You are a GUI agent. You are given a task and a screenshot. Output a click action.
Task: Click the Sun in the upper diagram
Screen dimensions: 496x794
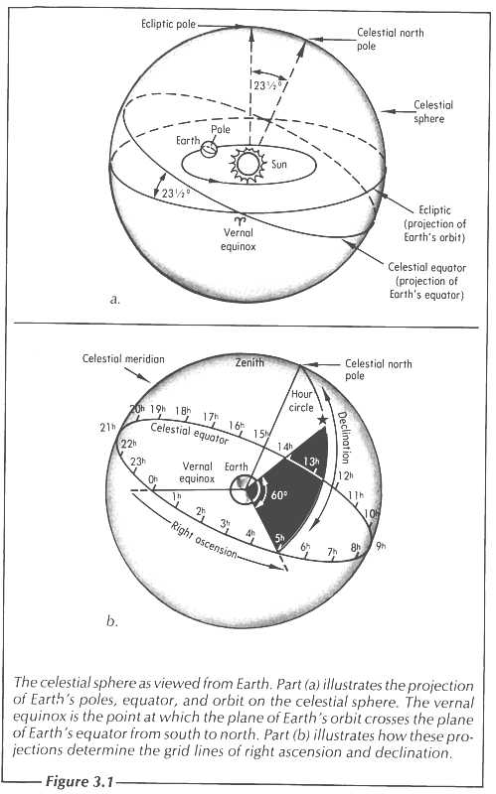[x=248, y=164]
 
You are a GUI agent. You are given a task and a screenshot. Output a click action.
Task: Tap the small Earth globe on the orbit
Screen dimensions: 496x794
[x=209, y=150]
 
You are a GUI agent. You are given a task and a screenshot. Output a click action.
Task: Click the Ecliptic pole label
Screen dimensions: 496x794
[x=168, y=24]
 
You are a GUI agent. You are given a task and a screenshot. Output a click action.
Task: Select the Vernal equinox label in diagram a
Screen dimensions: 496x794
[x=239, y=239]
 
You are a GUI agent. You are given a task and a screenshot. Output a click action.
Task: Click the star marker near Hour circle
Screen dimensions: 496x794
[x=321, y=420]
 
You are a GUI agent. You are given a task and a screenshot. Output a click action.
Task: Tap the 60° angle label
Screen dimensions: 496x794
[x=279, y=494]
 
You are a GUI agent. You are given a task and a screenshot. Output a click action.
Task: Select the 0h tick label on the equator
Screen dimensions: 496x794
[x=153, y=479]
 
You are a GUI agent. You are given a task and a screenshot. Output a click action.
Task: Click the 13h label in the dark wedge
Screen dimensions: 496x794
[x=311, y=462]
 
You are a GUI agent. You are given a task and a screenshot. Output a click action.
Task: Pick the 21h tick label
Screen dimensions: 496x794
[x=107, y=428]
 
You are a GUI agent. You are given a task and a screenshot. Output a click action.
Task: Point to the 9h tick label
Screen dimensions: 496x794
[x=381, y=546]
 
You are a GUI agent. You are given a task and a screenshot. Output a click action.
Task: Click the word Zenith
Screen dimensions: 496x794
[x=249, y=362]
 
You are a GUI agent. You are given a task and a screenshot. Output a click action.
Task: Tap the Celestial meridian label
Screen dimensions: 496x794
[x=123, y=358]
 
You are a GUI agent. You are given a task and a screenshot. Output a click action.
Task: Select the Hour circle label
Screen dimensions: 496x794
[x=301, y=401]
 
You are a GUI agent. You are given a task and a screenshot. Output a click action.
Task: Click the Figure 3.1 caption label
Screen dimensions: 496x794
[x=81, y=781]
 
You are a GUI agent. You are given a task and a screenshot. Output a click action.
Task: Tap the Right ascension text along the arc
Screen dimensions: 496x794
[x=204, y=540]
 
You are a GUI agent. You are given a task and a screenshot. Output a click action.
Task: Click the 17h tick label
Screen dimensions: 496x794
[x=211, y=418]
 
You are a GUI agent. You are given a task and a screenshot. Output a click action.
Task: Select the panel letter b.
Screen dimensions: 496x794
[x=112, y=621]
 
